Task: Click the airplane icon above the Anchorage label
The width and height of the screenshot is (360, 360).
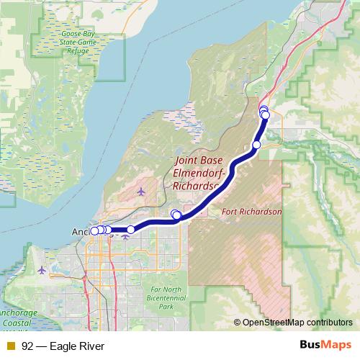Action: click(140, 192)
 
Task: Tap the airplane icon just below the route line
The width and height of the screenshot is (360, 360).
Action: click(126, 235)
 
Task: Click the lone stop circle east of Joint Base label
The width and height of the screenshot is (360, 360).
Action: click(256, 145)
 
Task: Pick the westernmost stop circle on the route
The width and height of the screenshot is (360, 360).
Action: click(94, 230)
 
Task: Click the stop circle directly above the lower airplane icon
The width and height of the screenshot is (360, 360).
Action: click(130, 229)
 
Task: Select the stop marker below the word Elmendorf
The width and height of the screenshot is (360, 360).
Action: click(176, 215)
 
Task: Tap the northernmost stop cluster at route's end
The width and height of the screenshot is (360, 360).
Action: click(264, 112)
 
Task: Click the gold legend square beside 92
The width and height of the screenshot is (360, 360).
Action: click(11, 346)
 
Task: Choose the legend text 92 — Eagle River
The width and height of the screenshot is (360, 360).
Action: click(63, 346)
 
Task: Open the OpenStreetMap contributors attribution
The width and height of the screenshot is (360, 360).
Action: click(297, 323)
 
